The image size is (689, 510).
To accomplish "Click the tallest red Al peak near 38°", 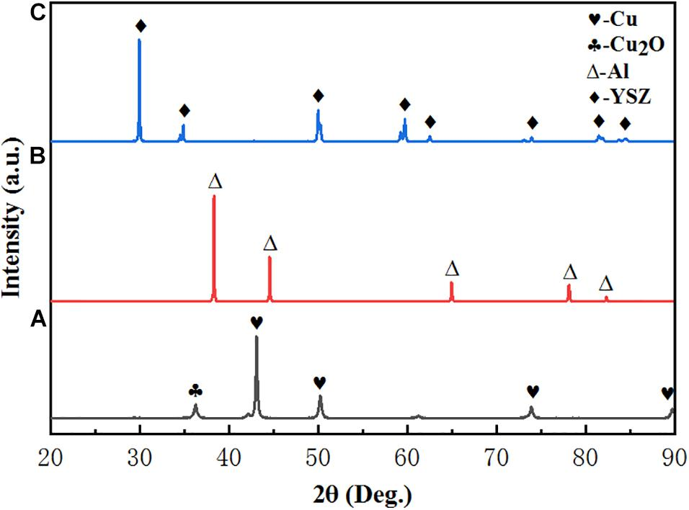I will (214, 199).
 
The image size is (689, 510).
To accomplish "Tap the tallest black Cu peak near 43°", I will (257, 339).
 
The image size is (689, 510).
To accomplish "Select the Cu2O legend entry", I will (623, 45).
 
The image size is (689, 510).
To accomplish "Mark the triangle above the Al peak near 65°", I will (452, 269).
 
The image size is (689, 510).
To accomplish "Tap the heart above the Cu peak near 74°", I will (533, 391).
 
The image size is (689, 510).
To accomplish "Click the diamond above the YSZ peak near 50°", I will (318, 96).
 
